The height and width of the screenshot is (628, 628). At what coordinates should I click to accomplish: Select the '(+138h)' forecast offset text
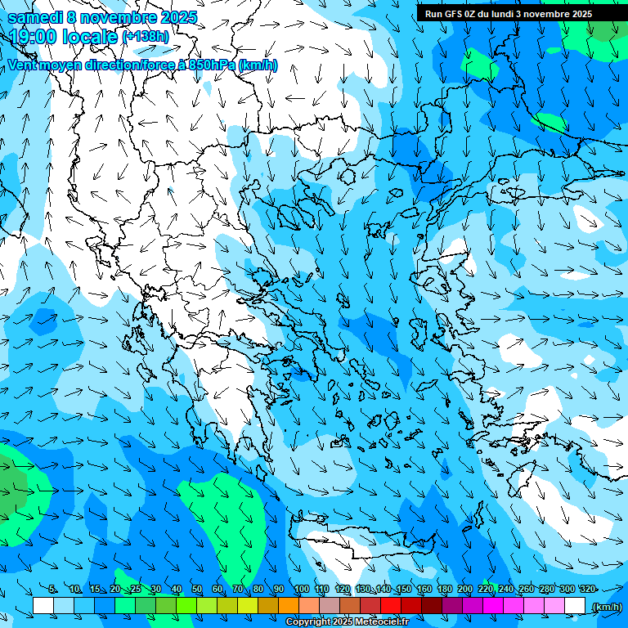(x=145, y=37)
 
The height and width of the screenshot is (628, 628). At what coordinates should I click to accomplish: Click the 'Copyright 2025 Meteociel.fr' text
(x=347, y=622)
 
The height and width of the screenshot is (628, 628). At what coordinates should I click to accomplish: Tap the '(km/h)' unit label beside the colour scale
(x=606, y=607)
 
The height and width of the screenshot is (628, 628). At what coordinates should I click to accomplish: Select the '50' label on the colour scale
(x=197, y=590)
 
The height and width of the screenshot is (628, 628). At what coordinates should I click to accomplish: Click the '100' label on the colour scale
(x=302, y=590)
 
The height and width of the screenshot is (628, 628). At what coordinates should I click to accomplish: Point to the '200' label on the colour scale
(x=465, y=590)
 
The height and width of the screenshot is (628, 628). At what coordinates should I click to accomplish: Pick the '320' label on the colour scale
(x=588, y=590)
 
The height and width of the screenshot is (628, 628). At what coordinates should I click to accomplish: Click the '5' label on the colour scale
(x=52, y=590)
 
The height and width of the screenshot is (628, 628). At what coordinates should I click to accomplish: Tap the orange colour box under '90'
(x=289, y=606)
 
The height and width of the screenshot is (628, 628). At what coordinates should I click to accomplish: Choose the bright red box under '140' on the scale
(x=391, y=606)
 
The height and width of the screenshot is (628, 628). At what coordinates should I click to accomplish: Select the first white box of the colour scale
(x=43, y=606)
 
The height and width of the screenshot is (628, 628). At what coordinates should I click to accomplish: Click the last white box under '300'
(x=575, y=606)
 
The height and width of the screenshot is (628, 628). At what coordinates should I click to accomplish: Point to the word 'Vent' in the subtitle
(x=24, y=65)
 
